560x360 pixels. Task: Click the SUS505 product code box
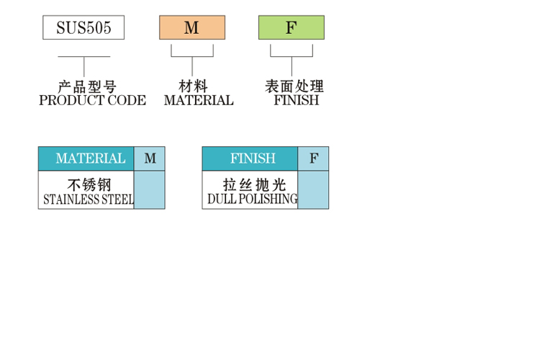83,27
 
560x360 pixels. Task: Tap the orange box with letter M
192,27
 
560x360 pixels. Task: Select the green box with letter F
292,27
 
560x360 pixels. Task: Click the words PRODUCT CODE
93,100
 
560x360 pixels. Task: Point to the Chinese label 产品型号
87,87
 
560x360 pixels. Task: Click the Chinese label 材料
193,86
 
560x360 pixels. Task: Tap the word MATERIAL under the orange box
199,100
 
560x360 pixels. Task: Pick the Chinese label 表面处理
294,86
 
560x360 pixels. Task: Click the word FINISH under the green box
297,100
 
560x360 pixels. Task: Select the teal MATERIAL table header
86,158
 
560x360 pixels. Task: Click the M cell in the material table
150,158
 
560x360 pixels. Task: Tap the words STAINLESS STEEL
89,199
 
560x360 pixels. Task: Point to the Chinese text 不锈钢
89,185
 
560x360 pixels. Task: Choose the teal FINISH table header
250,158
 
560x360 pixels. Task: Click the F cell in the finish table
314,158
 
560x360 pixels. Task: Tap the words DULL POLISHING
253,199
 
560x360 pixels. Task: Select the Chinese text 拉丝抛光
254,185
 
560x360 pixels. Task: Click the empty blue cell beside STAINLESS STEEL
150,189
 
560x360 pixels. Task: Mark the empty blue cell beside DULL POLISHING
314,189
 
